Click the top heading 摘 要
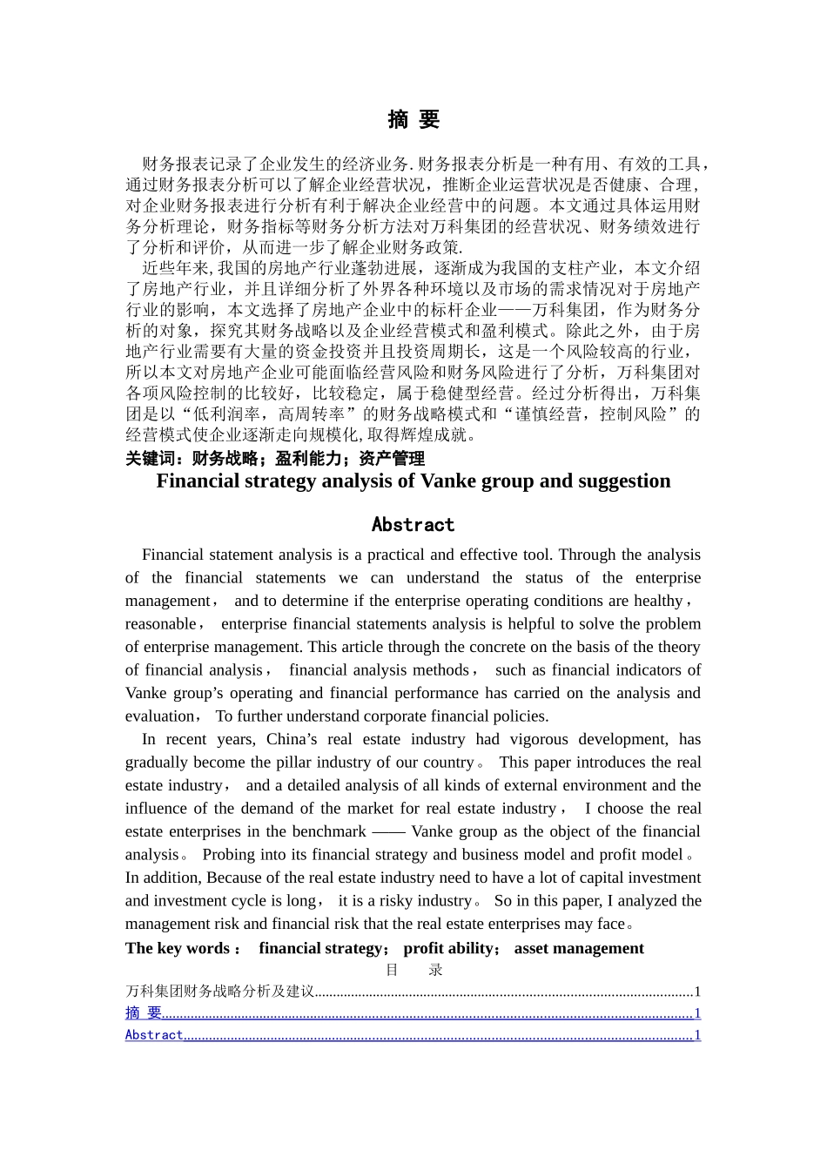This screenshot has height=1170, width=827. [x=413, y=120]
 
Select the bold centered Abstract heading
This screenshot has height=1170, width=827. [x=413, y=525]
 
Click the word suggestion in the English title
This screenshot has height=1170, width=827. [x=622, y=481]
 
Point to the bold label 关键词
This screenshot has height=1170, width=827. [x=151, y=459]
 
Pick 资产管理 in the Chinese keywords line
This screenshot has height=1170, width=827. [x=392, y=459]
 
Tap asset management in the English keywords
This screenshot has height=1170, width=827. [x=579, y=949]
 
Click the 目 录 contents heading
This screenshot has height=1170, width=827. [x=413, y=970]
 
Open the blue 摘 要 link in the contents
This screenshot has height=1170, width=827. [x=144, y=1012]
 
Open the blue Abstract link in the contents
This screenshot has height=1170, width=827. [x=154, y=1034]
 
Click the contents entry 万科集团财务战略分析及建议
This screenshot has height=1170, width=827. [x=219, y=992]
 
